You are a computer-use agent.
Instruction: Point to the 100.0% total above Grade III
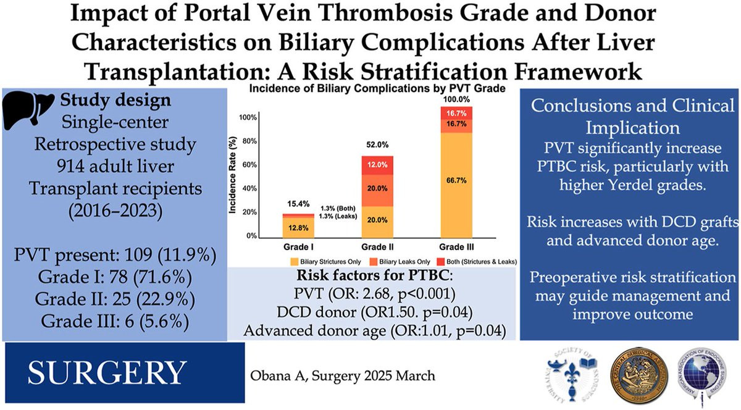(x=458, y=99)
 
